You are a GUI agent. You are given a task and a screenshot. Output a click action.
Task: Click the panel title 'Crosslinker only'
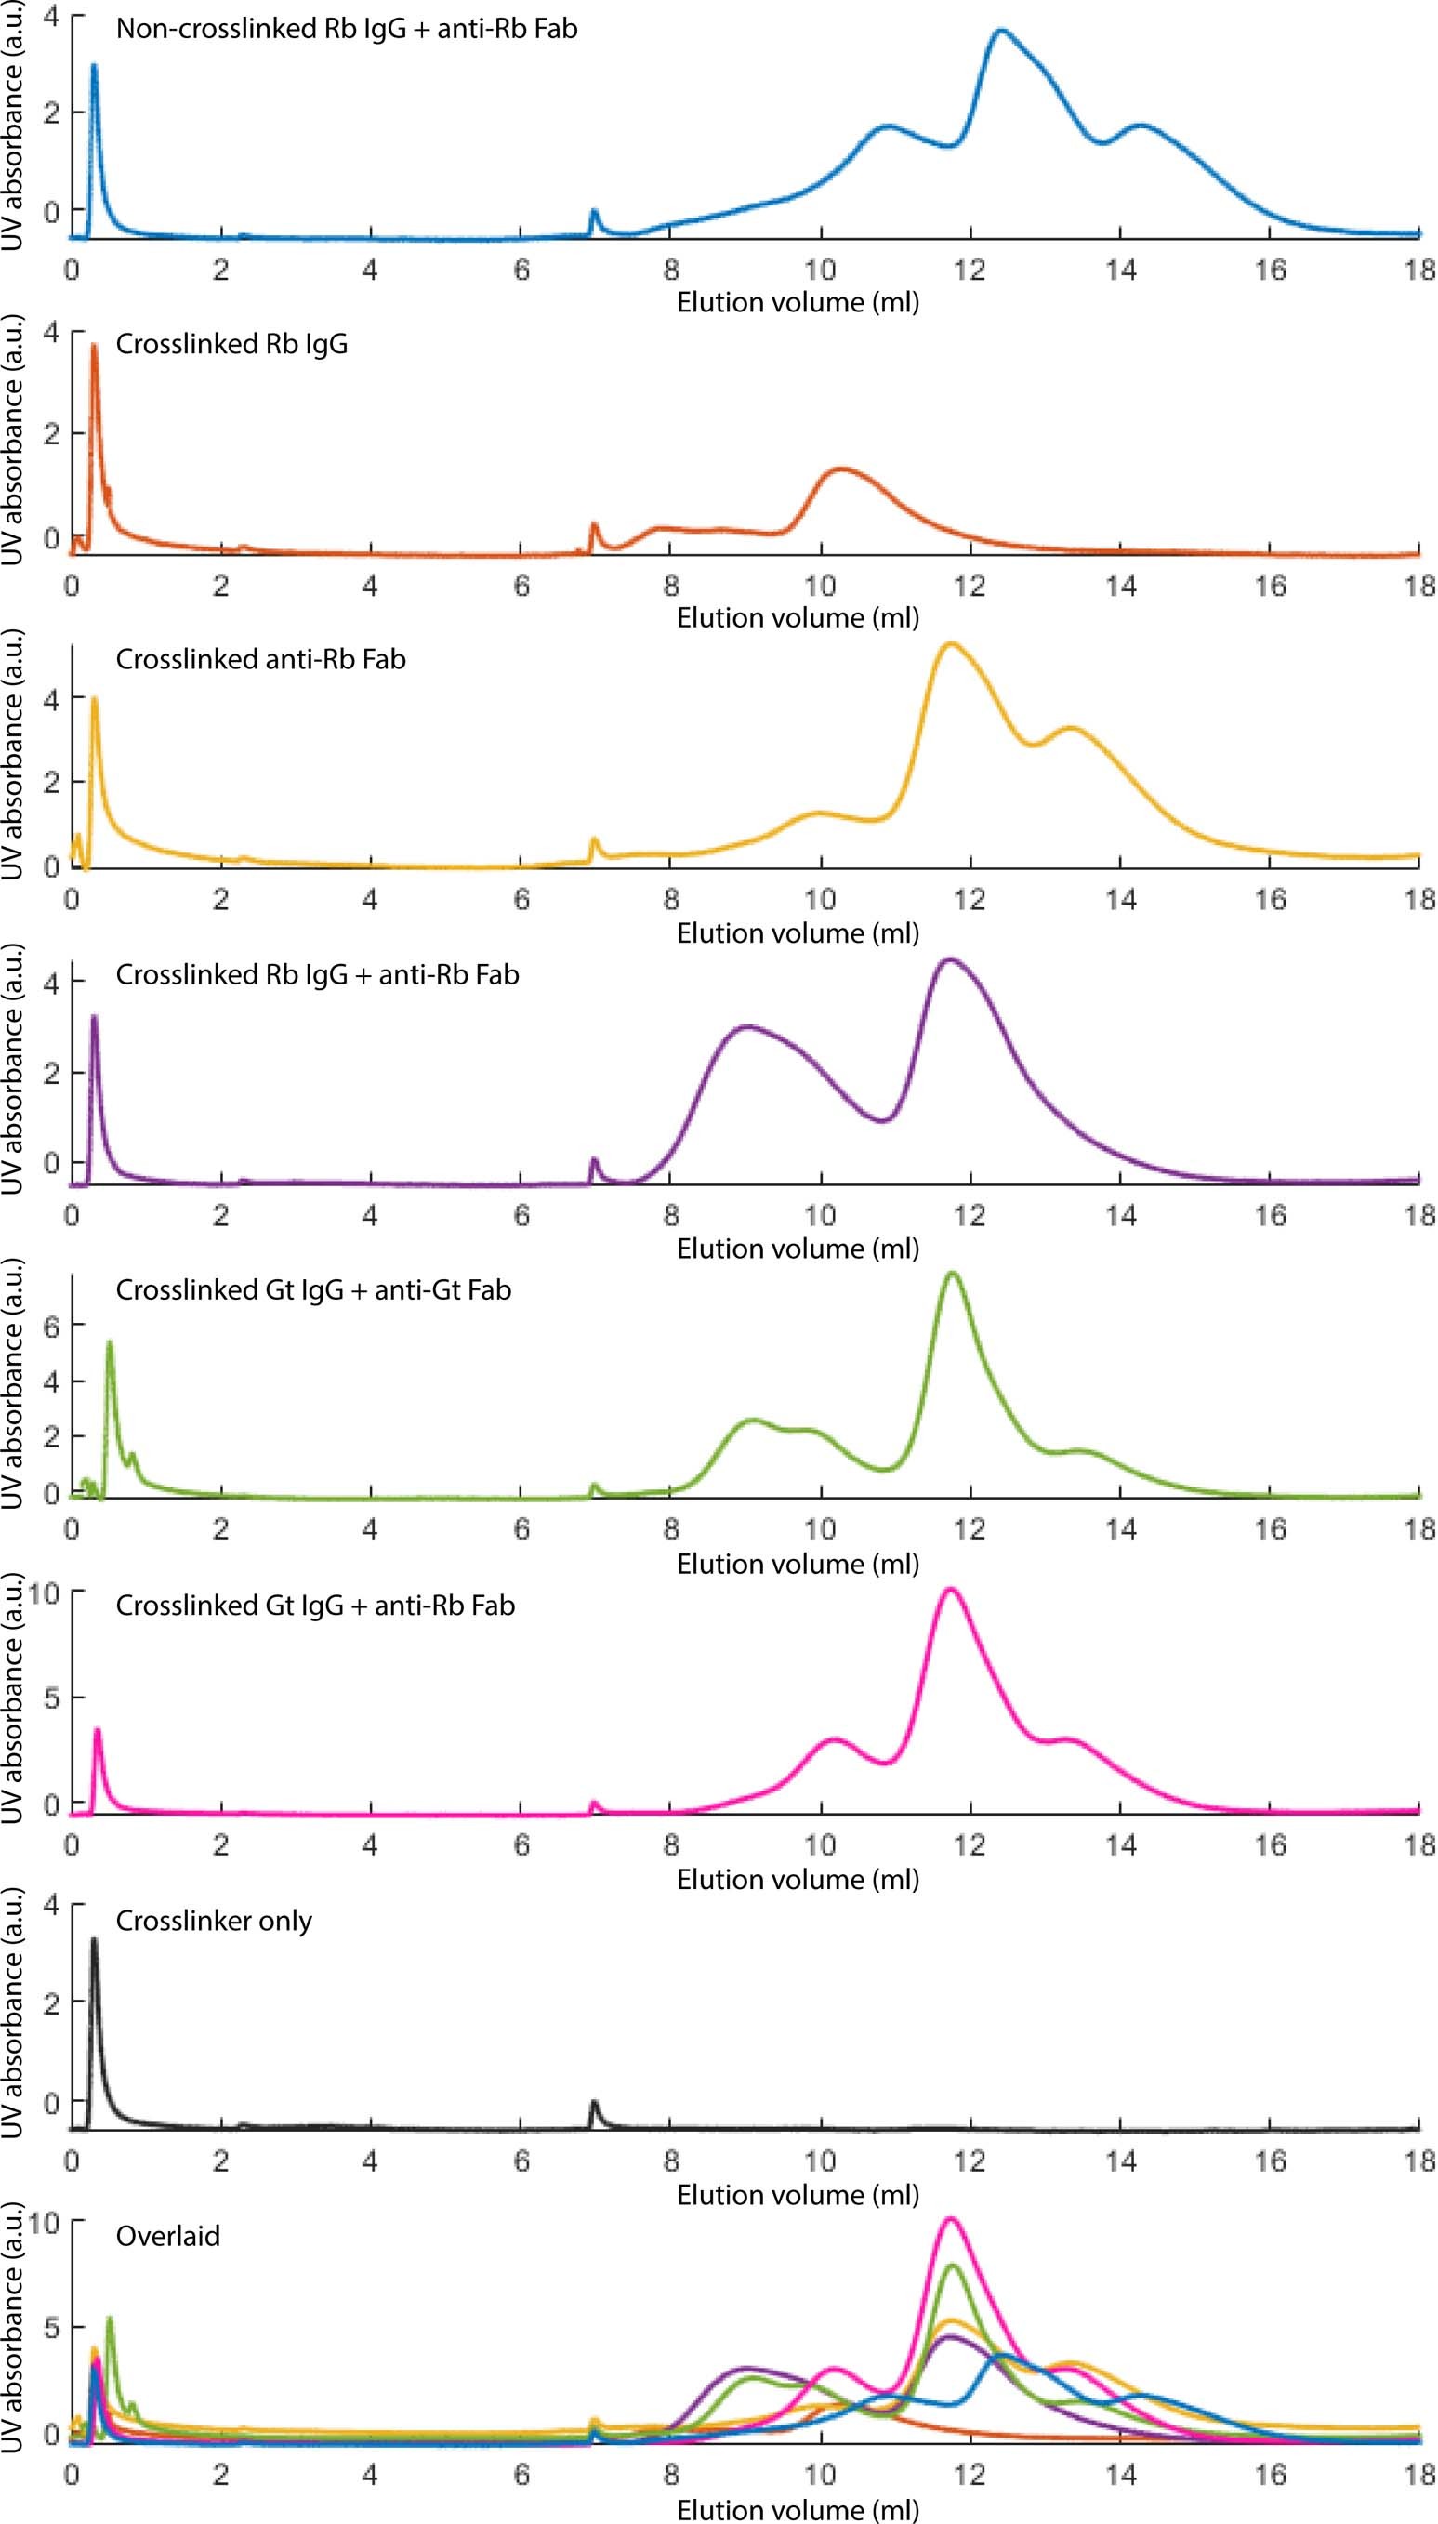point(214,1921)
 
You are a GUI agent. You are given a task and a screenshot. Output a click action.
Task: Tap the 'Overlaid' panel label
point(167,2236)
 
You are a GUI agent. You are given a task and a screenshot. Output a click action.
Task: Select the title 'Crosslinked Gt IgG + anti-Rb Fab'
point(315,1606)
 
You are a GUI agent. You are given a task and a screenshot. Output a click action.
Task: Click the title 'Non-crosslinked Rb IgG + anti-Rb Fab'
point(346,29)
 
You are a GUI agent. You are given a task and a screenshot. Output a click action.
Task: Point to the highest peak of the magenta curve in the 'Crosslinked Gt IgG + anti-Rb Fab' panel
point(950,1589)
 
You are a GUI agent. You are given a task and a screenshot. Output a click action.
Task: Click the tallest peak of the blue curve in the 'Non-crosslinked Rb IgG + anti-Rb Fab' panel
point(1001,32)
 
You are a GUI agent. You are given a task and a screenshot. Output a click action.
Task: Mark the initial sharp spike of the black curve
point(94,1939)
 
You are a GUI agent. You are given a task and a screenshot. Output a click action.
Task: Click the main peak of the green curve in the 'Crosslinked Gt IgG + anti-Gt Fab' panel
point(953,1274)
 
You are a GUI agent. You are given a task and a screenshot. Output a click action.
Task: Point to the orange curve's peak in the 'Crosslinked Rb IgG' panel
point(840,469)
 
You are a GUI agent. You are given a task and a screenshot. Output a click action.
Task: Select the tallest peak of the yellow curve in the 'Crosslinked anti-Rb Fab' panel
point(950,644)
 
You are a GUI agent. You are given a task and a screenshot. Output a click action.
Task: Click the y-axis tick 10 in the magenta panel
point(45,1592)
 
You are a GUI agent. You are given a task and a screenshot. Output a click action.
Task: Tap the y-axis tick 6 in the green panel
point(51,1327)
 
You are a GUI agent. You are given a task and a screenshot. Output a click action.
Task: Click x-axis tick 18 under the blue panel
point(1419,270)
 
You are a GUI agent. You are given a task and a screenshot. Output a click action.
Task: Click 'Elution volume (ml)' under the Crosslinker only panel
point(797,2194)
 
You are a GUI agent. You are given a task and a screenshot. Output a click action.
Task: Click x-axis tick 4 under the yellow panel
point(369,900)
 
